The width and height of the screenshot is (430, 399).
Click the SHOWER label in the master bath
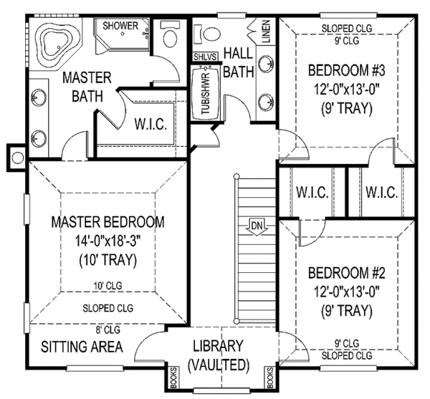[x=120, y=26]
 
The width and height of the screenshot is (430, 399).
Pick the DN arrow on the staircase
[x=255, y=228]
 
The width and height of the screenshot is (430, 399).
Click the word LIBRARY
[x=218, y=345]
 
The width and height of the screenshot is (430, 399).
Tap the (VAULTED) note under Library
[x=218, y=365]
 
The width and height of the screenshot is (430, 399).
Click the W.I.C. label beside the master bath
[x=151, y=124]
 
